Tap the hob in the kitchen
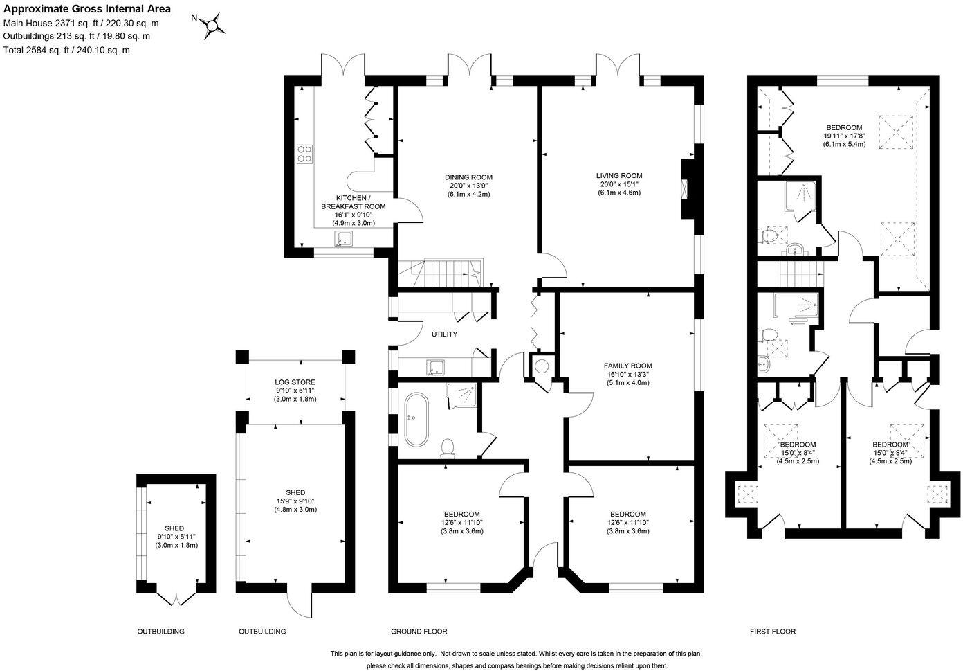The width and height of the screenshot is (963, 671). coord(305,154)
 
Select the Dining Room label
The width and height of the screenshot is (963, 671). coord(468,177)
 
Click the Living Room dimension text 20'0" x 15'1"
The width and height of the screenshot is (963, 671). coord(619,184)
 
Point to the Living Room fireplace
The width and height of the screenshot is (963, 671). coord(686,188)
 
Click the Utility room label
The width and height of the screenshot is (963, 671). coord(445,334)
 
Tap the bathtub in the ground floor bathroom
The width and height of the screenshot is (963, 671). coord(416,419)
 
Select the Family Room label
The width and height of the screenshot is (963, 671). coord(627,366)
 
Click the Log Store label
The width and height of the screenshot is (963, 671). coord(295,382)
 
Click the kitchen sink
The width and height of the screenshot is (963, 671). coord(344,239)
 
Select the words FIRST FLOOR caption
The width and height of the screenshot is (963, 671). coord(773,631)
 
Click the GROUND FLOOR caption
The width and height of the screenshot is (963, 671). coord(419,631)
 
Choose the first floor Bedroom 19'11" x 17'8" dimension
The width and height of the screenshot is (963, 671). coord(844,136)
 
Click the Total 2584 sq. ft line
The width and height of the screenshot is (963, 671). coord(66,50)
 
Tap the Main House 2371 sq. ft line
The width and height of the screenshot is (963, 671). coord(81,23)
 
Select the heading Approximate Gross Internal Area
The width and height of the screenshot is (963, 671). coord(87,8)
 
